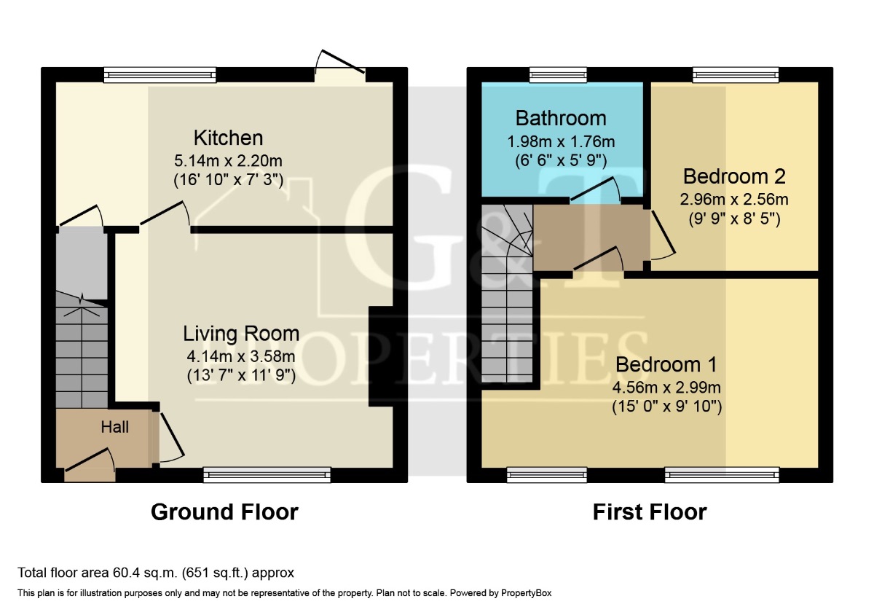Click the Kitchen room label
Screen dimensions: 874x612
228,138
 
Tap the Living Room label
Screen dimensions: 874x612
241,334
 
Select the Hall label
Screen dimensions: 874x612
115,427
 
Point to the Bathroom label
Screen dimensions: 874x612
561,118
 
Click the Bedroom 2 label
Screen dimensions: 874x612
734,176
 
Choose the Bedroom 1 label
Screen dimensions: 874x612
666,364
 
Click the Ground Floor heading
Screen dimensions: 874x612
224,512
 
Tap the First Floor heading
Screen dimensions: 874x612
650,512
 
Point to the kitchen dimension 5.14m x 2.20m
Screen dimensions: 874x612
228,160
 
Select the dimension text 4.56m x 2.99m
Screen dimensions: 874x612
666,388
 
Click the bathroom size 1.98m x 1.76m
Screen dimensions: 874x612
561,141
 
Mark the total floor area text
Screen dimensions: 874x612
156,573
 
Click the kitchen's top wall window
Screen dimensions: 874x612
160,75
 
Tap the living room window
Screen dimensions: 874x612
267,474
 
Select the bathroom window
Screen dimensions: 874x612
558,75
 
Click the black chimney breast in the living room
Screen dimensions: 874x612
381,356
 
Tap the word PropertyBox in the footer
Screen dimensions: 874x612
526,593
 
